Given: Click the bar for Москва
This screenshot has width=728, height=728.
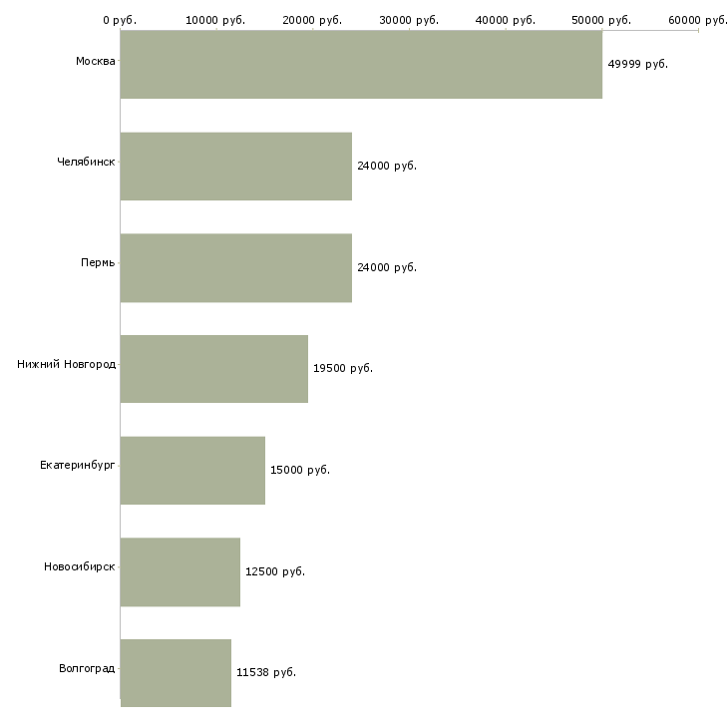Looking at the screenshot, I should (x=361, y=64).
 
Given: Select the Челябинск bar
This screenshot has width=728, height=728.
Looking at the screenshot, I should (x=236, y=166).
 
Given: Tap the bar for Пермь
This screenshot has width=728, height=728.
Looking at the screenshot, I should (x=236, y=267).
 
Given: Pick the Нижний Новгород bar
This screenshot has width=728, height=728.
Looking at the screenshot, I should (x=214, y=369).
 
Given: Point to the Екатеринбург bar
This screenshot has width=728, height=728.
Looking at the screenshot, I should (x=192, y=470).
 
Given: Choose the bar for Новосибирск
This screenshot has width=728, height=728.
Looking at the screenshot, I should (x=181, y=571).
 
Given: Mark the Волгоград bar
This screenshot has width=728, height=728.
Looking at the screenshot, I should (x=176, y=673).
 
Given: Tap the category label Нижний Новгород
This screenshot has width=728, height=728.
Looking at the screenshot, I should (x=67, y=364).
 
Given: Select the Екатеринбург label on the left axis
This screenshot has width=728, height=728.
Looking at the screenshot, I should (x=78, y=466).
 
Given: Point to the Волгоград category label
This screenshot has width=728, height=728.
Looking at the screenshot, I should (x=87, y=668).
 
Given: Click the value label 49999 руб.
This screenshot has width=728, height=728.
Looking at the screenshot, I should (x=637, y=64).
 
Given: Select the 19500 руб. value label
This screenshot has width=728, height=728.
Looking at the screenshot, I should (x=343, y=369).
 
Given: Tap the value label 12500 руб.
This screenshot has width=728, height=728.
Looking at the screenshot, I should (x=275, y=571).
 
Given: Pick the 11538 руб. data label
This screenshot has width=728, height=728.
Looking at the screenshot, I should (x=266, y=673).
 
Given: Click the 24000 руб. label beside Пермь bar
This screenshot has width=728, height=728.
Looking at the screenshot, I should (x=387, y=267).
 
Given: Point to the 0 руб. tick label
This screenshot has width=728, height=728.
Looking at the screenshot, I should (x=120, y=20).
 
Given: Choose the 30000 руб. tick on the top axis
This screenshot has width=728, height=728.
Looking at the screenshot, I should (x=409, y=20).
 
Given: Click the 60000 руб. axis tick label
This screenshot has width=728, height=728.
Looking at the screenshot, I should (x=697, y=20).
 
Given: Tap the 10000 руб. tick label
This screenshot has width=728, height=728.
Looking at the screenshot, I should (x=216, y=20).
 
